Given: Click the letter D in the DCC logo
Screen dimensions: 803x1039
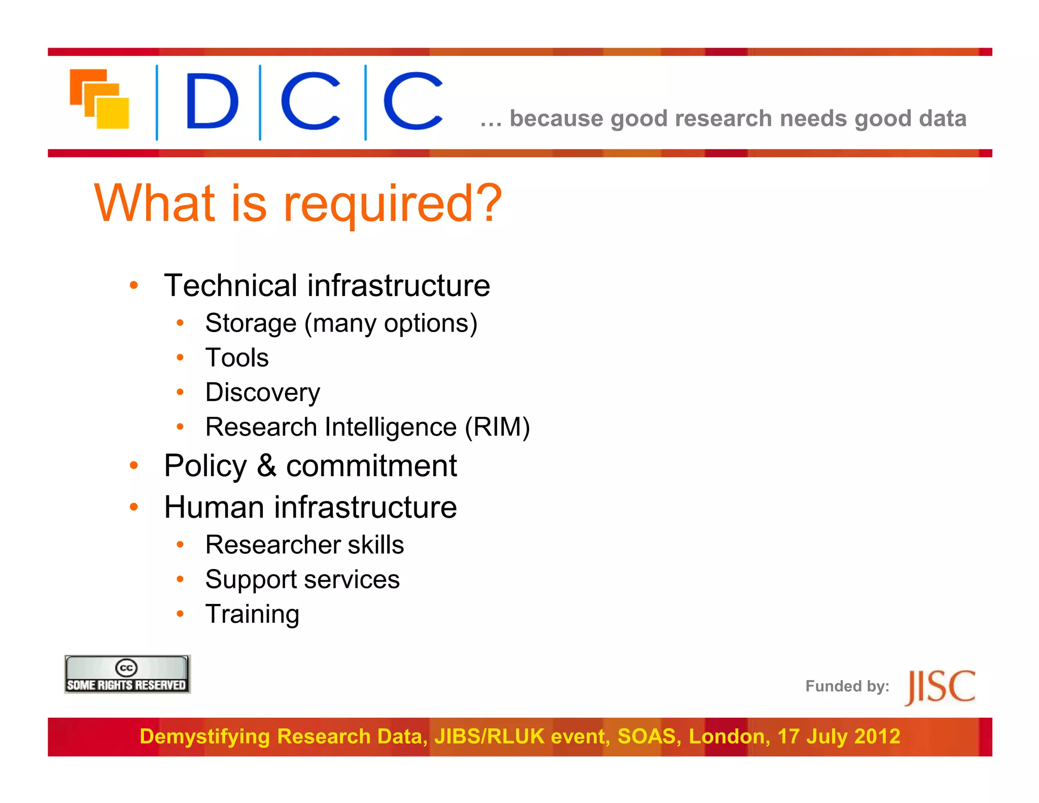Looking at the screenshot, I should (x=212, y=101).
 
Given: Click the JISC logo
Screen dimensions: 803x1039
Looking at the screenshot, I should (x=940, y=687).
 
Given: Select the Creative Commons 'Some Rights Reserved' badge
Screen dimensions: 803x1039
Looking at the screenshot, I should (x=127, y=675).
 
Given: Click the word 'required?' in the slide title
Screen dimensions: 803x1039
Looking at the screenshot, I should (x=392, y=204).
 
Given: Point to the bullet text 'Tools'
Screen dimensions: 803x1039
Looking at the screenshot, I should (x=237, y=358).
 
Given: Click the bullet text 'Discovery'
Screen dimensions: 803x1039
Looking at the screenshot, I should (x=262, y=392).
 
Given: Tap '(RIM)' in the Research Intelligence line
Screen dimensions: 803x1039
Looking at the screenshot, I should (x=497, y=427).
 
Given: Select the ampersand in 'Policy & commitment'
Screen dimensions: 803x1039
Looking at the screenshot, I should (x=266, y=465).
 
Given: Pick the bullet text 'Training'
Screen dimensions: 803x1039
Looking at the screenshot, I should (x=252, y=614).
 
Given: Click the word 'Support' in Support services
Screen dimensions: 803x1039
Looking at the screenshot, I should (x=251, y=580).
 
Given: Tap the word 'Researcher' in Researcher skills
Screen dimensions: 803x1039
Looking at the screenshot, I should (x=272, y=545).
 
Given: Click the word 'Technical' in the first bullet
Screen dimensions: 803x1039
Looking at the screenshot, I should (x=231, y=285).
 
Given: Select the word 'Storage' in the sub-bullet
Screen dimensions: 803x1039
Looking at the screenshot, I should (x=251, y=323).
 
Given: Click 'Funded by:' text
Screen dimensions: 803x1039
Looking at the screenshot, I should (x=847, y=686).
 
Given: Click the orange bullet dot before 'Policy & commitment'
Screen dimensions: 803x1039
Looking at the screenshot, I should (x=134, y=465).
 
